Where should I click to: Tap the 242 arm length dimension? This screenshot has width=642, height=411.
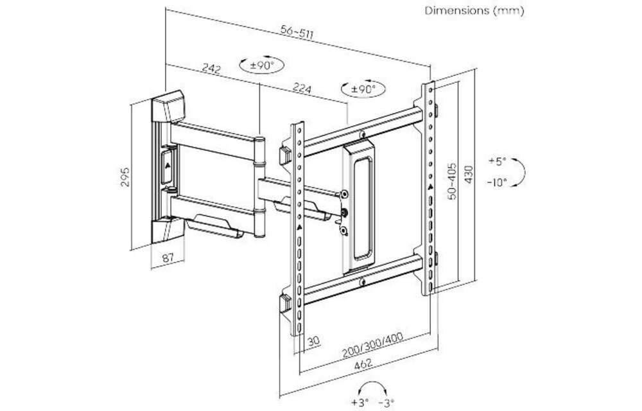pyautogui.click(x=211, y=69)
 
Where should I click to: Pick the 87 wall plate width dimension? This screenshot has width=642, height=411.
pyautogui.click(x=168, y=258)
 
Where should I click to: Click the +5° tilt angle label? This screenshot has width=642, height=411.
pyautogui.click(x=497, y=161)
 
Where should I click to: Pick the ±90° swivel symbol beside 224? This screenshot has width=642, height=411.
pyautogui.click(x=360, y=89)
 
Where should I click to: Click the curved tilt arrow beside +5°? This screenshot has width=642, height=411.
pyautogui.click(x=521, y=171)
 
